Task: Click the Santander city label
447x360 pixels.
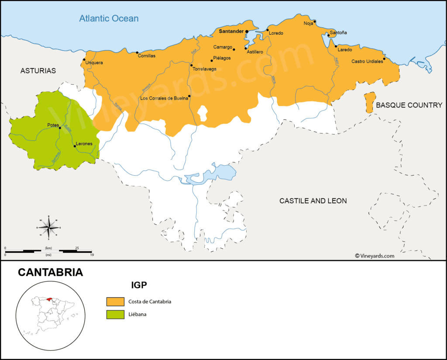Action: point(231,31)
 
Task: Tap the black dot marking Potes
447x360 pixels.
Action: point(60,128)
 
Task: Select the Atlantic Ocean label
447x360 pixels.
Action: point(109,18)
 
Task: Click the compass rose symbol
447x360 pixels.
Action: point(49,228)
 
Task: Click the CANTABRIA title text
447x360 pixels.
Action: point(50,273)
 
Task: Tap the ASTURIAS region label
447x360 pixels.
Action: point(38,71)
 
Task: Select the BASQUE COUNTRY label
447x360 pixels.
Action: point(409,105)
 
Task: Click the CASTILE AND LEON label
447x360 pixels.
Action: point(313,201)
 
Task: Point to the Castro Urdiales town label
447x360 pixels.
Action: point(367,62)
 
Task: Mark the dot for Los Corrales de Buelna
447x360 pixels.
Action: point(189,96)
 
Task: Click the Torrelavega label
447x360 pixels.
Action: point(204,69)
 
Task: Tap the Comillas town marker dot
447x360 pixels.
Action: point(137,52)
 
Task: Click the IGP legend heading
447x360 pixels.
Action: point(139,285)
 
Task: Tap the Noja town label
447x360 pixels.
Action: point(308,23)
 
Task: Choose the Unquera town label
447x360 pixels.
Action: point(94,62)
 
